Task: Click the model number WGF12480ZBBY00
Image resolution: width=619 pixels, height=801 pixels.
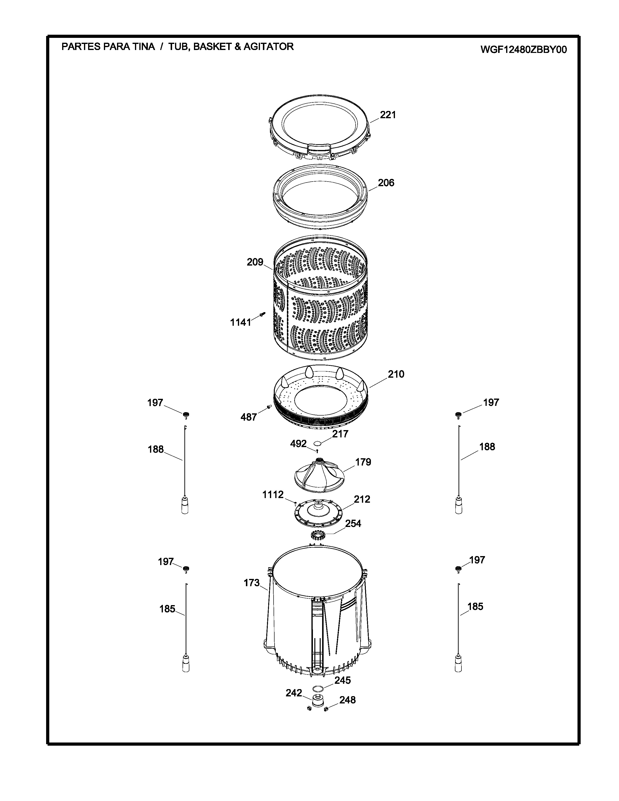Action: [524, 50]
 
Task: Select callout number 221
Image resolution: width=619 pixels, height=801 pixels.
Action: [388, 115]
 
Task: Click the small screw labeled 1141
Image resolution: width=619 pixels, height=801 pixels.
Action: [262, 314]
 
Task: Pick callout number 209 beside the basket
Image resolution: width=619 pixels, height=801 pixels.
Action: [255, 262]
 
